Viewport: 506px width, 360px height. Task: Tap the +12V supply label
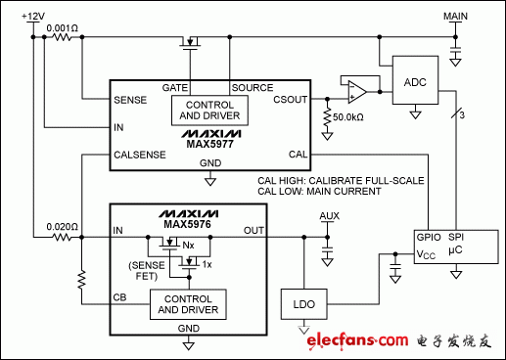coord(33,17)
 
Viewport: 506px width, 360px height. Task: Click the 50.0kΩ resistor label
coord(348,115)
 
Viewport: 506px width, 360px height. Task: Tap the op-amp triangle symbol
coord(354,91)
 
